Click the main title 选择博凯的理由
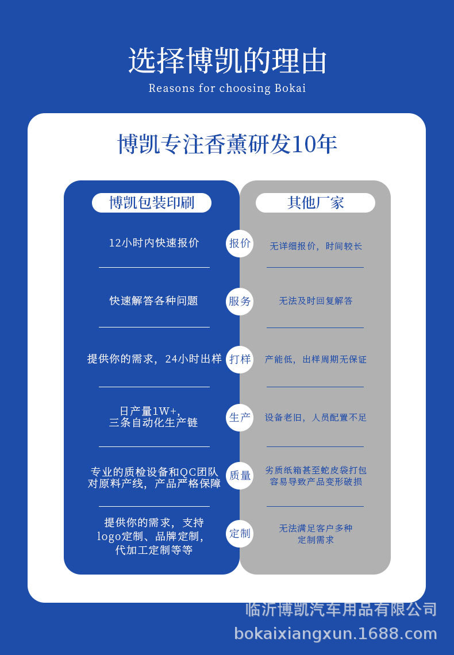click(227, 60)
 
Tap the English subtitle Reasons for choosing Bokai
click(227, 88)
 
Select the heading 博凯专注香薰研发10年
click(227, 144)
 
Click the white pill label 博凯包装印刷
click(152, 203)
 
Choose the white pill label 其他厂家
click(315, 203)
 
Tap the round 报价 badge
click(240, 243)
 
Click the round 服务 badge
click(240, 301)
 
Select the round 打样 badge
click(240, 359)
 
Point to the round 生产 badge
click(240, 417)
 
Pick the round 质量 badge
click(240, 475)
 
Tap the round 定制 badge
click(240, 533)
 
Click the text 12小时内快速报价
click(154, 243)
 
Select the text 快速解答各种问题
click(154, 300)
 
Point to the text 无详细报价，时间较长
click(316, 246)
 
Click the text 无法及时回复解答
click(316, 300)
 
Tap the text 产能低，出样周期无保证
click(316, 360)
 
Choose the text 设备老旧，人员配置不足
click(316, 418)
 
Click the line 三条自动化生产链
click(153, 423)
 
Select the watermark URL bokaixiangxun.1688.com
click(336, 634)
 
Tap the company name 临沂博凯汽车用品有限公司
click(341, 610)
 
